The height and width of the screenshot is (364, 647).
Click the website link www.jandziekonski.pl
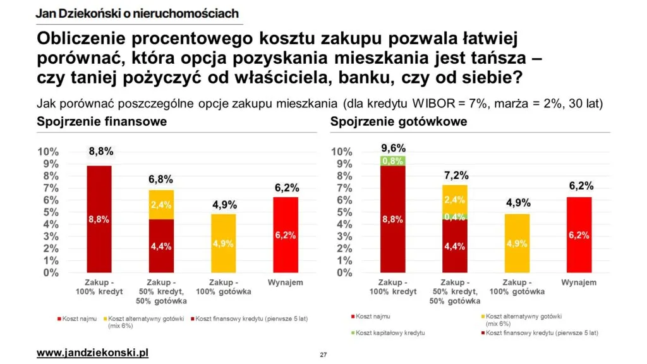pyautogui.click(x=92, y=352)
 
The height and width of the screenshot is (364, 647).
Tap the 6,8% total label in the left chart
pyautogui.click(x=160, y=179)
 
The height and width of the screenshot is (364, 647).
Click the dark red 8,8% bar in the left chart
pyautogui.click(x=99, y=219)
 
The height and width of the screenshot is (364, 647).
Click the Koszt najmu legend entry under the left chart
pyautogui.click(x=80, y=318)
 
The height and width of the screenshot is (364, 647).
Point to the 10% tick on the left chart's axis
pyautogui.click(x=49, y=152)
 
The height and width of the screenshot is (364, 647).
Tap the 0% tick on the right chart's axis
pyautogui.click(x=342, y=273)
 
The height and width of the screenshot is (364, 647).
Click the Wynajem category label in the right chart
pyautogui.click(x=579, y=282)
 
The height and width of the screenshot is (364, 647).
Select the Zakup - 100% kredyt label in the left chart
pyautogui.click(x=99, y=287)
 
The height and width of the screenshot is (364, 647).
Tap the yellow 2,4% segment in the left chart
pyautogui.click(x=160, y=204)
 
